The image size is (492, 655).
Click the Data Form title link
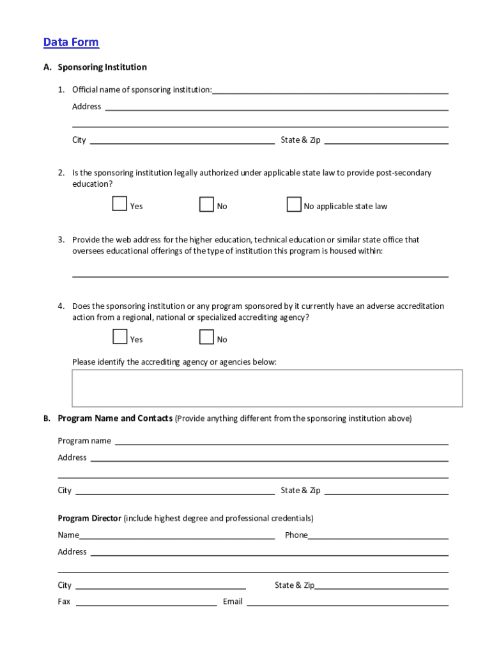pyautogui.click(x=71, y=42)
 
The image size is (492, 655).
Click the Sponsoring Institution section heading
pyautogui.click(x=102, y=67)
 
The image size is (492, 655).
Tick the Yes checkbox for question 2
pyautogui.click(x=119, y=204)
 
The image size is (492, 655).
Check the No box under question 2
pyautogui.click(x=206, y=204)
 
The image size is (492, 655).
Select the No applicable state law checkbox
pyautogui.click(x=294, y=204)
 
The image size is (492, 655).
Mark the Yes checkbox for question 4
pyautogui.click(x=119, y=337)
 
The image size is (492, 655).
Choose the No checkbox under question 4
pyautogui.click(x=206, y=337)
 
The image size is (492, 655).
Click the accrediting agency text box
pyautogui.click(x=267, y=388)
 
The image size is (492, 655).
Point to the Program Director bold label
pyautogui.click(x=89, y=518)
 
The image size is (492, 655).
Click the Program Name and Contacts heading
pyautogui.click(x=115, y=418)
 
